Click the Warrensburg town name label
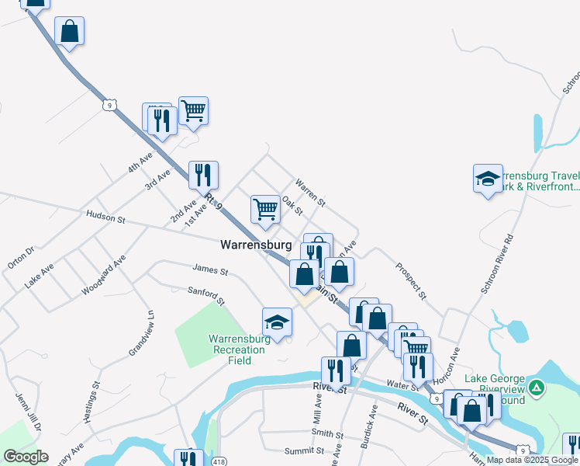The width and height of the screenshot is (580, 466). (x=256, y=245)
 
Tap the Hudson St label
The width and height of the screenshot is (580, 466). (x=105, y=217)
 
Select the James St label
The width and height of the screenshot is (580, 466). (x=210, y=272)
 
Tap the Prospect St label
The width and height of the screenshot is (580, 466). (x=411, y=280)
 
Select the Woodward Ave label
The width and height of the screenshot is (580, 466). (x=104, y=276)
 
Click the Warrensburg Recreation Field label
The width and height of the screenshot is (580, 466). (x=240, y=344)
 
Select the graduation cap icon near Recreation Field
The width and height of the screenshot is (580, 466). (x=277, y=322)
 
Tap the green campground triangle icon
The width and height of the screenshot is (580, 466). (x=535, y=387)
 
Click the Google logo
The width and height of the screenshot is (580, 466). (x=26, y=456)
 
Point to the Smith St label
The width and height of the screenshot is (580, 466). (x=327, y=433)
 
